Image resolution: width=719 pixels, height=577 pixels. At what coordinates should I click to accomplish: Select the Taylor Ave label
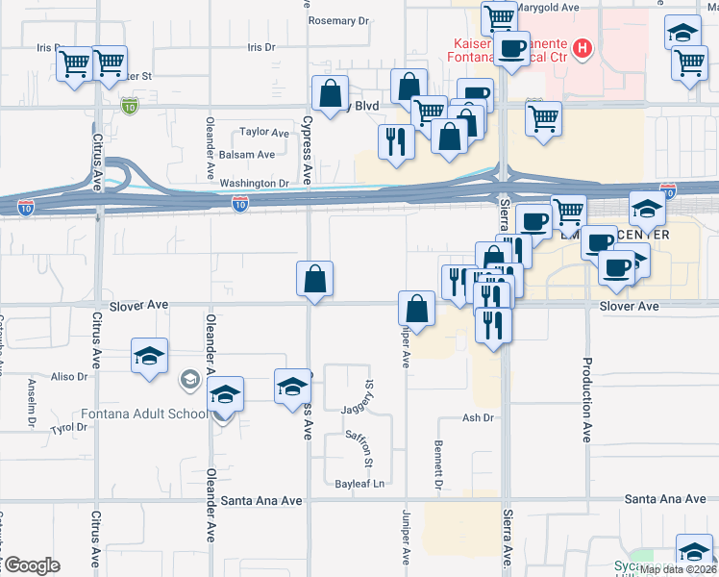(x=264, y=133)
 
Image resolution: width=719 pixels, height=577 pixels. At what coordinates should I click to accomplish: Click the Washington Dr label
(x=255, y=183)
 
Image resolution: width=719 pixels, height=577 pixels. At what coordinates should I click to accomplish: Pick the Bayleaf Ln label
(x=359, y=483)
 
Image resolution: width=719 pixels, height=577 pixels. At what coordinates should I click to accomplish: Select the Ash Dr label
(x=477, y=418)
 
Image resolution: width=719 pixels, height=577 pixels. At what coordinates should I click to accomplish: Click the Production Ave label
(x=585, y=400)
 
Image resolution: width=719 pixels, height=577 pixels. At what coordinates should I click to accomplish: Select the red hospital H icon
(x=582, y=47)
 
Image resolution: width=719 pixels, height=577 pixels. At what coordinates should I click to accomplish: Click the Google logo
(x=31, y=565)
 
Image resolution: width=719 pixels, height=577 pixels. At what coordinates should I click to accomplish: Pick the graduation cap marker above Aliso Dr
(x=150, y=356)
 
